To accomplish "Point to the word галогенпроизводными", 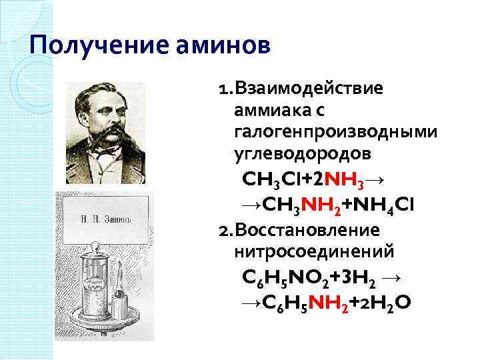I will [336, 132].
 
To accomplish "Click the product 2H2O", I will [386, 303].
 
